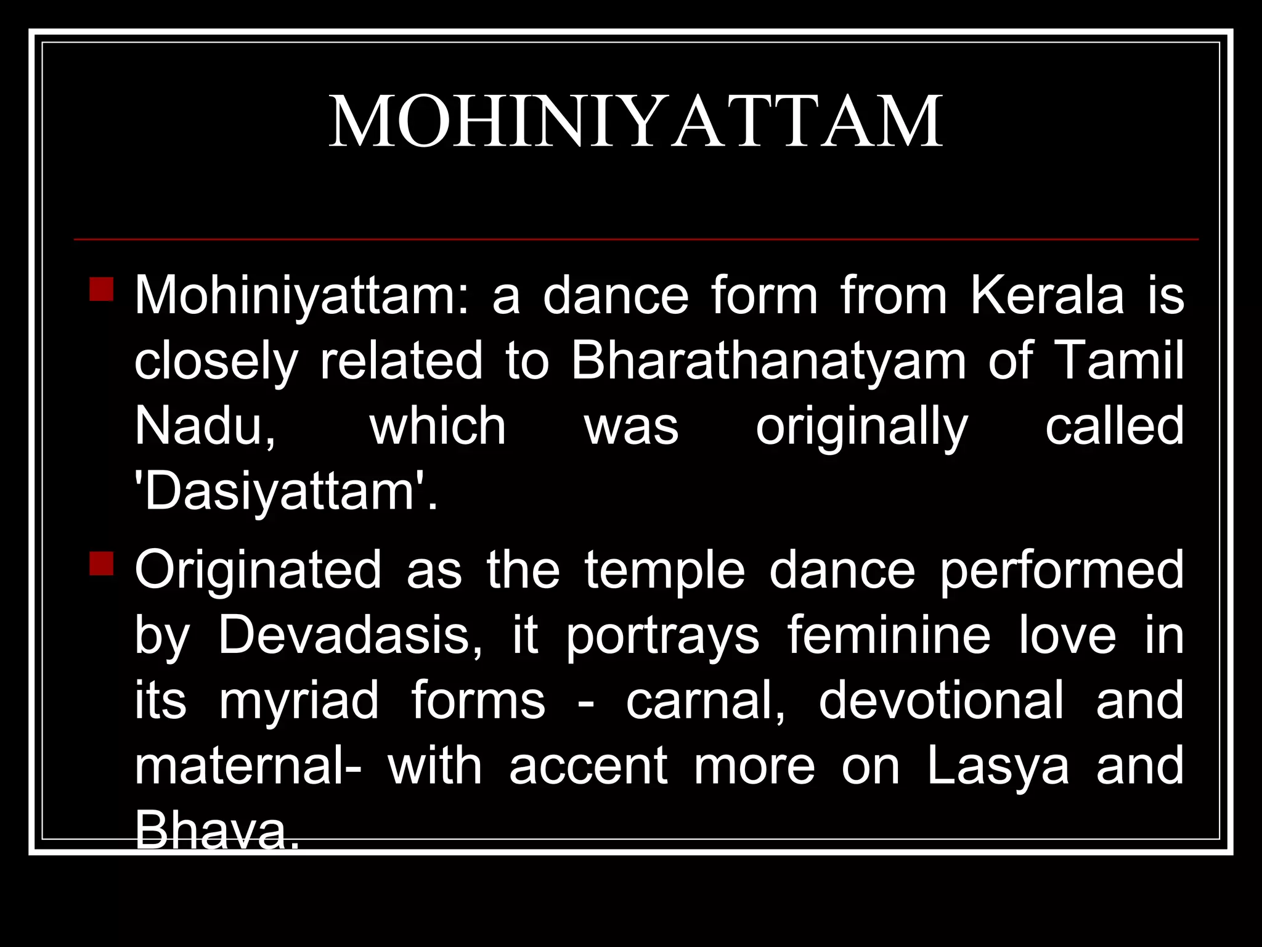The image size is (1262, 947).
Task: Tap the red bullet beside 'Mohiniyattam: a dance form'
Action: coord(101,289)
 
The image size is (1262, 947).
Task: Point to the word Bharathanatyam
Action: coord(768,361)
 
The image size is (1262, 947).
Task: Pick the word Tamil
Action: coord(1119,361)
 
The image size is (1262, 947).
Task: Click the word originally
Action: coord(862,427)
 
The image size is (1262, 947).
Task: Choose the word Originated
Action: coord(258,570)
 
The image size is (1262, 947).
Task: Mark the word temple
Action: coord(665,570)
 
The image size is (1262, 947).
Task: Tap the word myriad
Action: coord(299,700)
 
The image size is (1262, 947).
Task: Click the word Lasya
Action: coord(998,766)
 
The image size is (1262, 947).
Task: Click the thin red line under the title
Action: coord(636,239)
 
